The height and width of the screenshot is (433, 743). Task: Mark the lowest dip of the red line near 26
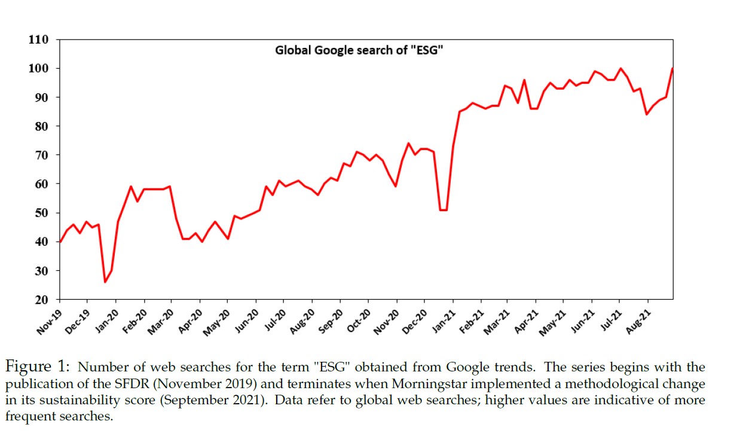pos(105,282)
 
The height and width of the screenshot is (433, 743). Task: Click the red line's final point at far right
pos(672,68)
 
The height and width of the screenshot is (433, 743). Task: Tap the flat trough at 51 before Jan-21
pos(444,210)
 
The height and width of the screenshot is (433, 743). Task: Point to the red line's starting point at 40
pos(60,242)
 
